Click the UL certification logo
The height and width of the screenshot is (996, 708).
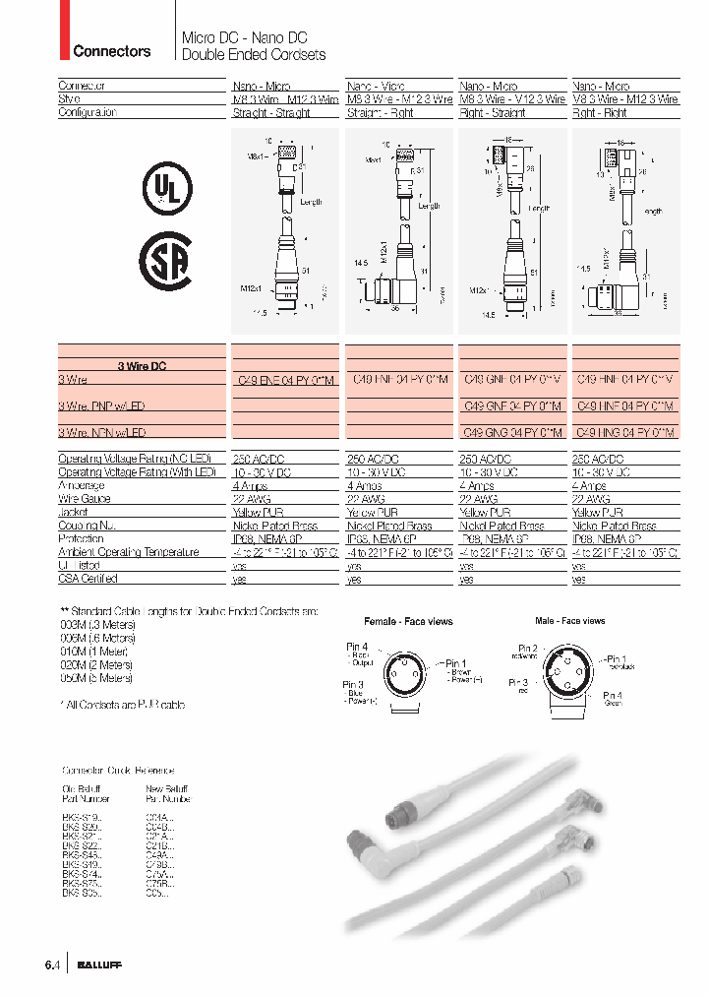point(168,187)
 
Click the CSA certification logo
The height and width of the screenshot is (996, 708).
point(166,262)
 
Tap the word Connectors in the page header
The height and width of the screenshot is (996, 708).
point(112,51)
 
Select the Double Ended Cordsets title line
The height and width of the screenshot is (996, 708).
point(254,55)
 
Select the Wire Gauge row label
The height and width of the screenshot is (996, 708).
point(85,499)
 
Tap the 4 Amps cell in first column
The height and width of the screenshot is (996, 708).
point(250,486)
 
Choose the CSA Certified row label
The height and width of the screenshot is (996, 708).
point(88,581)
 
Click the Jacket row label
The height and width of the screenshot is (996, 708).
point(74,513)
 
